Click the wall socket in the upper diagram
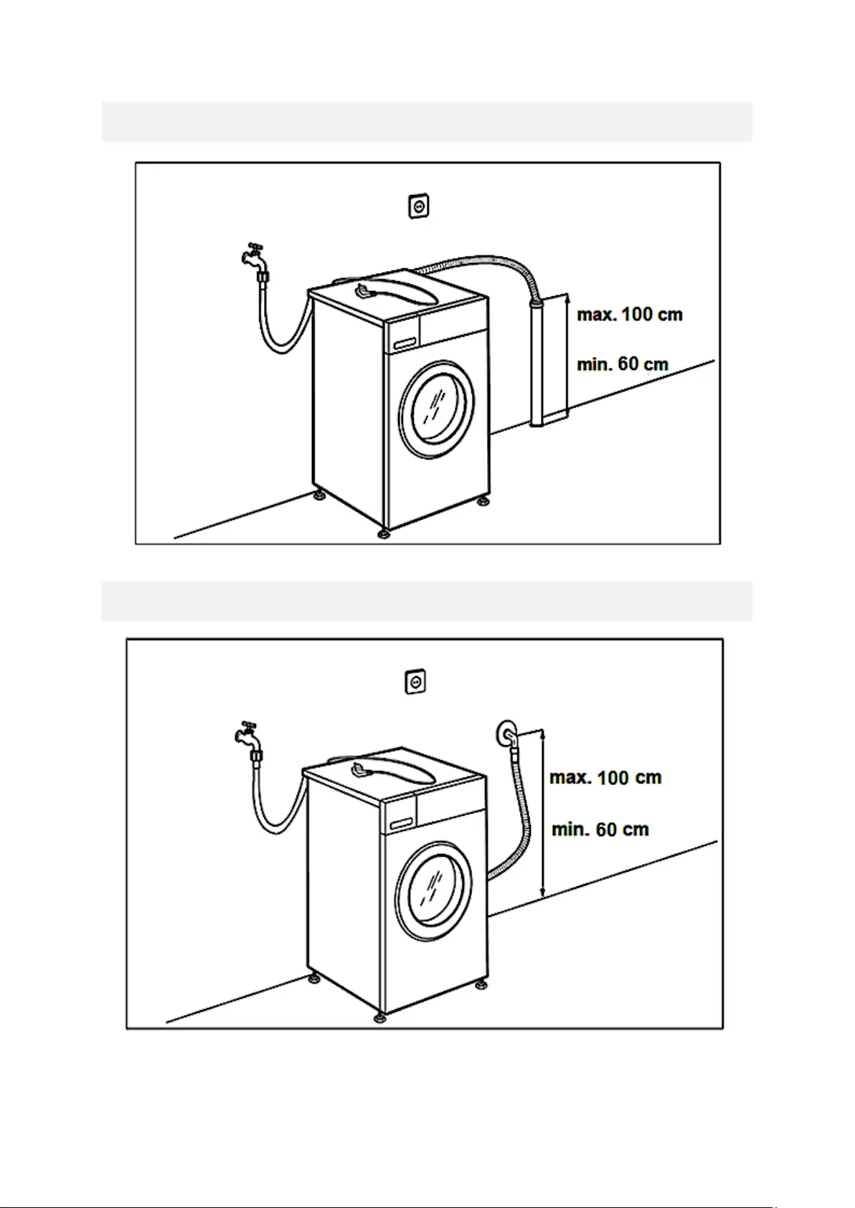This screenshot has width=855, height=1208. coord(419,207)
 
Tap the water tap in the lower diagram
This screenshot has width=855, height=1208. coord(246,734)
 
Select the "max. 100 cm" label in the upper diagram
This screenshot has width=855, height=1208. coord(630,314)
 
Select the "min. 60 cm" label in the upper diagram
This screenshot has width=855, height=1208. coord(623,364)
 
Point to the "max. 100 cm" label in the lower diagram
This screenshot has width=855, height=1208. coord(605,777)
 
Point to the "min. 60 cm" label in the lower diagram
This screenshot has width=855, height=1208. coord(600,829)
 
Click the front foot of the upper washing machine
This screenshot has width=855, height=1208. coord(384,533)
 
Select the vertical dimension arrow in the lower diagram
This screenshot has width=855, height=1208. coord(543,814)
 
